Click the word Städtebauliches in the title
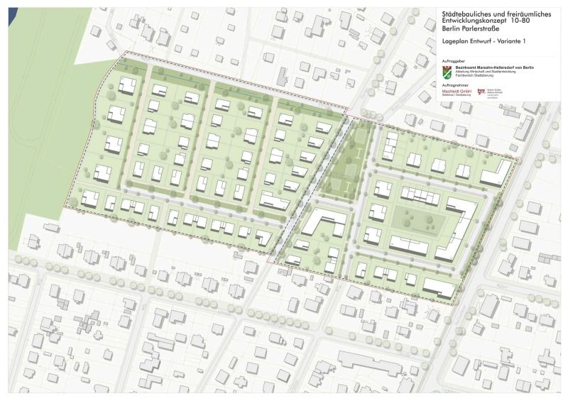(463, 12)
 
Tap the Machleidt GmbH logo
(457, 93)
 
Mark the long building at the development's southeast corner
(440, 287)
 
